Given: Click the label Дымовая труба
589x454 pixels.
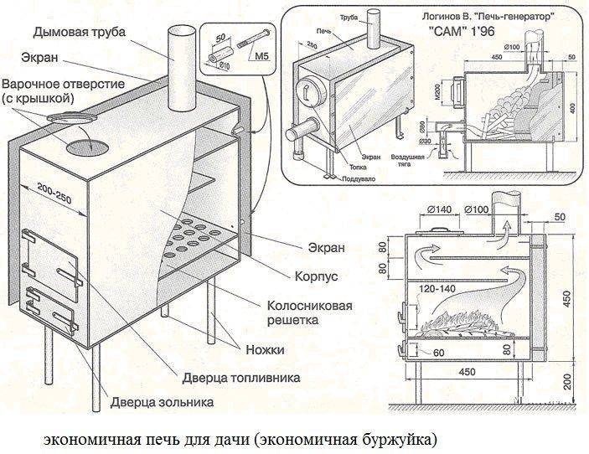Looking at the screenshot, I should [80, 33].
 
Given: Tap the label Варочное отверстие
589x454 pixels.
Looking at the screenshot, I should [63, 85].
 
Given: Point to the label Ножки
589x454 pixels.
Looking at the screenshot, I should [266, 348].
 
